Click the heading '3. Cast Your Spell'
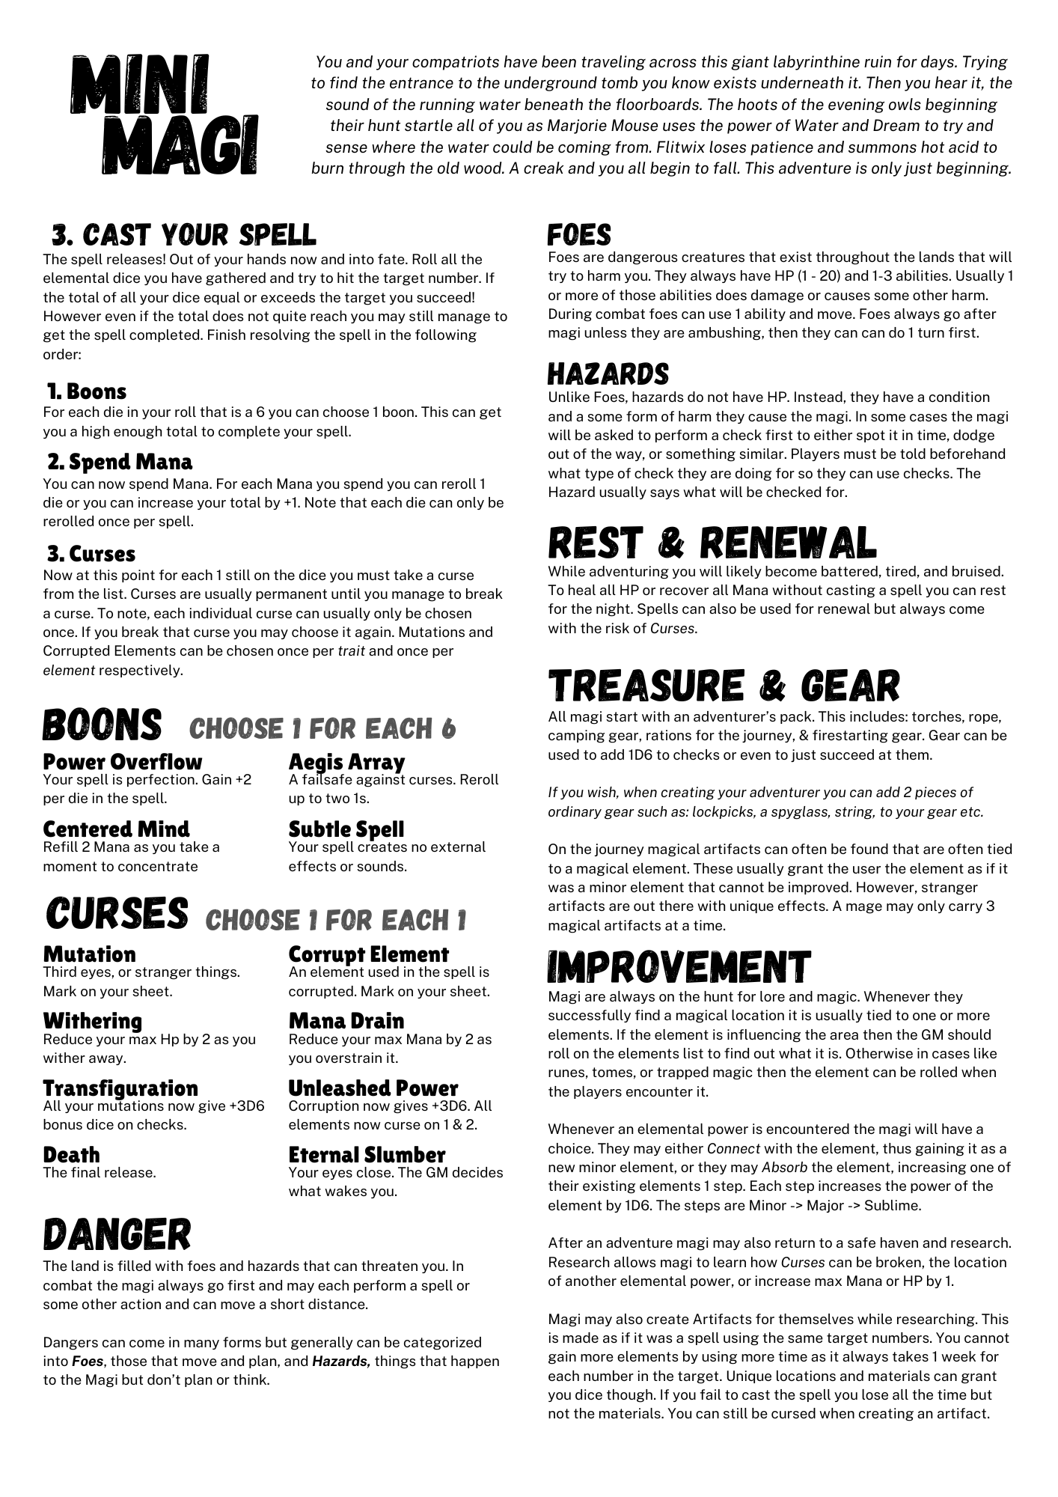tap(184, 235)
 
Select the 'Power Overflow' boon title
tap(123, 762)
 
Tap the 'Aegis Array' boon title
tap(346, 762)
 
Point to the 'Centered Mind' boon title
tap(117, 829)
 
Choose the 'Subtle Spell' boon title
tap(346, 829)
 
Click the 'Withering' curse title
tap(93, 1021)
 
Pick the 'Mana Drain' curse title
tap(346, 1021)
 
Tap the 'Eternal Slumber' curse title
tap(367, 1155)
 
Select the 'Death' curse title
tap(71, 1155)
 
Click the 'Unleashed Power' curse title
tap(373, 1088)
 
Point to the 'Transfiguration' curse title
tap(120, 1088)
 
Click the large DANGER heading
tap(117, 1234)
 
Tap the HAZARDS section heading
tap(608, 374)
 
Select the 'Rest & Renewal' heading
tap(712, 543)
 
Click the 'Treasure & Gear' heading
tap(724, 686)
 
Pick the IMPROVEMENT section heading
tap(679, 967)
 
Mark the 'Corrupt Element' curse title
tap(369, 954)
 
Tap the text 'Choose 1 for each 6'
tap(322, 728)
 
